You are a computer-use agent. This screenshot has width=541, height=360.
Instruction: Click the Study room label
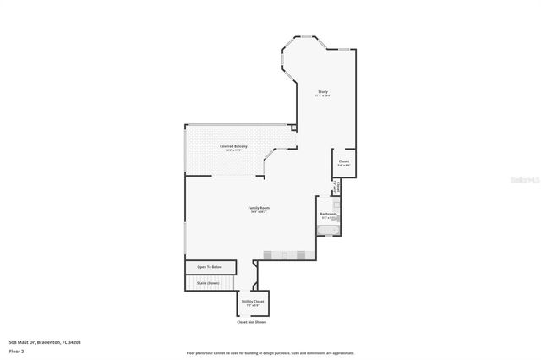323,91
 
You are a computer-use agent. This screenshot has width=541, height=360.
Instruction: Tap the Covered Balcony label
234,147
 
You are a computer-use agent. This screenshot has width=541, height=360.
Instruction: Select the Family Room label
259,207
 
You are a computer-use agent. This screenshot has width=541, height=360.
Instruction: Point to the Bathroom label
329,214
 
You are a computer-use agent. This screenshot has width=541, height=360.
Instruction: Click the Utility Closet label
253,301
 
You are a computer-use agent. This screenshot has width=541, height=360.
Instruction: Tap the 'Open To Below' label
210,267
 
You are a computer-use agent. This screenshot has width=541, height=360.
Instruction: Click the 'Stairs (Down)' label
208,283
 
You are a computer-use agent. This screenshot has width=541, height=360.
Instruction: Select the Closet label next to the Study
344,161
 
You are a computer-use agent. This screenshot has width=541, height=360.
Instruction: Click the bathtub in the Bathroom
328,231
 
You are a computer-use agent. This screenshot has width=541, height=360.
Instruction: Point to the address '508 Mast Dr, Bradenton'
45,342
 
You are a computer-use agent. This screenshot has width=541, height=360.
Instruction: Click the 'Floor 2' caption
17,352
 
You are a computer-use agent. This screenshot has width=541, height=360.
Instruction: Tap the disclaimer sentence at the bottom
270,352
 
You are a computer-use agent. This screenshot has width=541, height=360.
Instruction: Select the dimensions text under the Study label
323,96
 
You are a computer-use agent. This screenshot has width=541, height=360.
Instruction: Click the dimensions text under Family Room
259,212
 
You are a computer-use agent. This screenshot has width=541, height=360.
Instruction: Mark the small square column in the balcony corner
293,129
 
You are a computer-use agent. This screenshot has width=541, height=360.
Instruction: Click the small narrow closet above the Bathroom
336,187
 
